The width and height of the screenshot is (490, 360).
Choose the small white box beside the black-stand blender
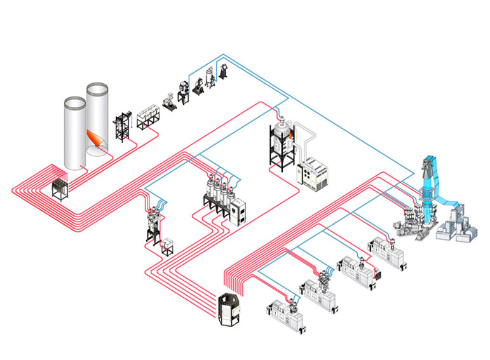[168, 245]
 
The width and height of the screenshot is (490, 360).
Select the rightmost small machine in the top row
[224, 71]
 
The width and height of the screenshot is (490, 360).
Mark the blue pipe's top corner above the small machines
[222, 55]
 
